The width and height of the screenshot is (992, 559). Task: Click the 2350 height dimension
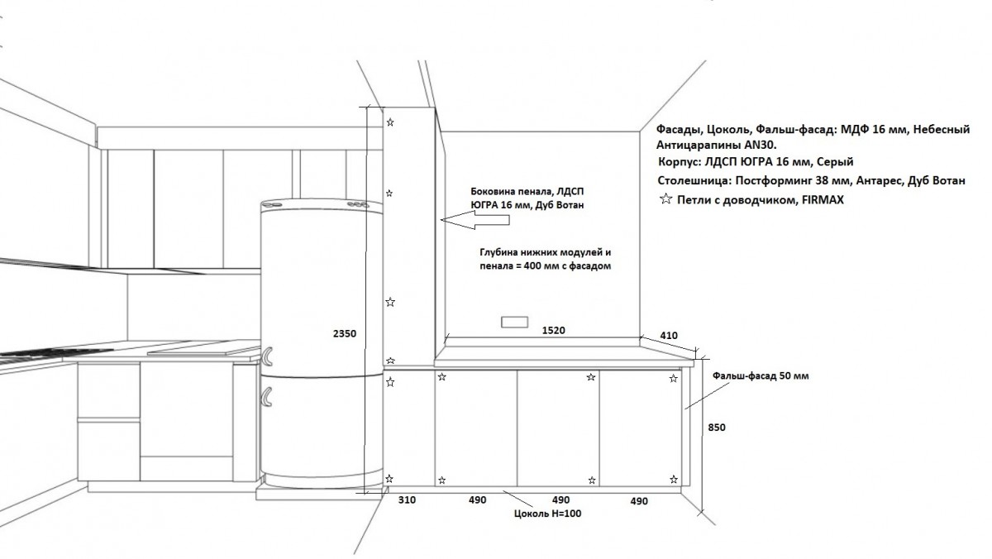(345, 333)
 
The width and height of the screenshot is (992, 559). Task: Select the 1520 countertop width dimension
(554, 331)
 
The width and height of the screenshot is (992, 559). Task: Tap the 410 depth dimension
(669, 336)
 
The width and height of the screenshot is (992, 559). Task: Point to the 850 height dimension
(717, 428)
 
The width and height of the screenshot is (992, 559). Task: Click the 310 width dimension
(407, 500)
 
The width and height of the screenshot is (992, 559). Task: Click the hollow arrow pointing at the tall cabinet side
(475, 220)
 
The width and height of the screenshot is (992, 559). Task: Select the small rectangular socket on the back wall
(514, 322)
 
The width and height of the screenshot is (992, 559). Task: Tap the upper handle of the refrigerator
(268, 356)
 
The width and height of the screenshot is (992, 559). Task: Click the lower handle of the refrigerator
(267, 396)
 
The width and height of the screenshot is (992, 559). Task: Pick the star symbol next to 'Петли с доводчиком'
(665, 198)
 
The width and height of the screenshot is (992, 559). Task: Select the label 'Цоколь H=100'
(548, 514)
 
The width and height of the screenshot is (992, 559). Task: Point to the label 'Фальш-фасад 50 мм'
(761, 376)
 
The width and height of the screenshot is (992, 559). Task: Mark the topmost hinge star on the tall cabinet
(390, 122)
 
